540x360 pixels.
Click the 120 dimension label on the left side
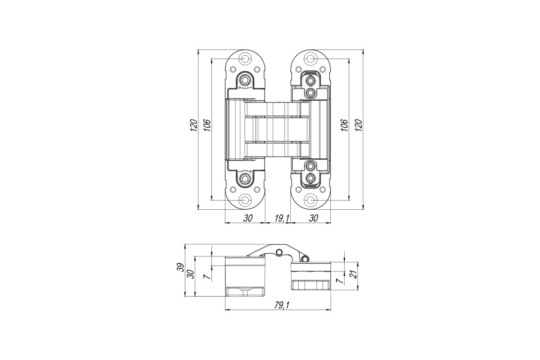pyautogui.click(x=194, y=125)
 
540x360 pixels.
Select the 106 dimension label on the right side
pyautogui.click(x=345, y=125)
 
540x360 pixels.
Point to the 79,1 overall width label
pyautogui.click(x=282, y=305)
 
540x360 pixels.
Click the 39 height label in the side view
pyautogui.click(x=181, y=267)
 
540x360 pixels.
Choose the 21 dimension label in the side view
pyautogui.click(x=355, y=274)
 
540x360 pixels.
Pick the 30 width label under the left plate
pyautogui.click(x=248, y=218)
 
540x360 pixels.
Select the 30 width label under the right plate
pyautogui.click(x=313, y=218)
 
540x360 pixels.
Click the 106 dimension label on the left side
pyautogui.click(x=207, y=125)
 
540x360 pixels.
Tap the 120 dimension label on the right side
pyautogui.click(x=359, y=125)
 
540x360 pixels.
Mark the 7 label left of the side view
pyautogui.click(x=207, y=277)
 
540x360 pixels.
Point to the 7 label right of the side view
pyautogui.click(x=340, y=280)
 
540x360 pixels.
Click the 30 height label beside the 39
pyautogui.click(x=191, y=274)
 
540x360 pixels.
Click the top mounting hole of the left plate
pyautogui.click(x=245, y=59)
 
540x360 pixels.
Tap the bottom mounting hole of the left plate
pyautogui.click(x=245, y=200)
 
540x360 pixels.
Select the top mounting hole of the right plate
pyautogui.click(x=310, y=59)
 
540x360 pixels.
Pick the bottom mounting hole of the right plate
pyautogui.click(x=310, y=200)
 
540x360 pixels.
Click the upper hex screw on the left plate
pyautogui.click(x=245, y=80)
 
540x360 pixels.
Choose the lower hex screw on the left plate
pyautogui.click(x=245, y=179)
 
